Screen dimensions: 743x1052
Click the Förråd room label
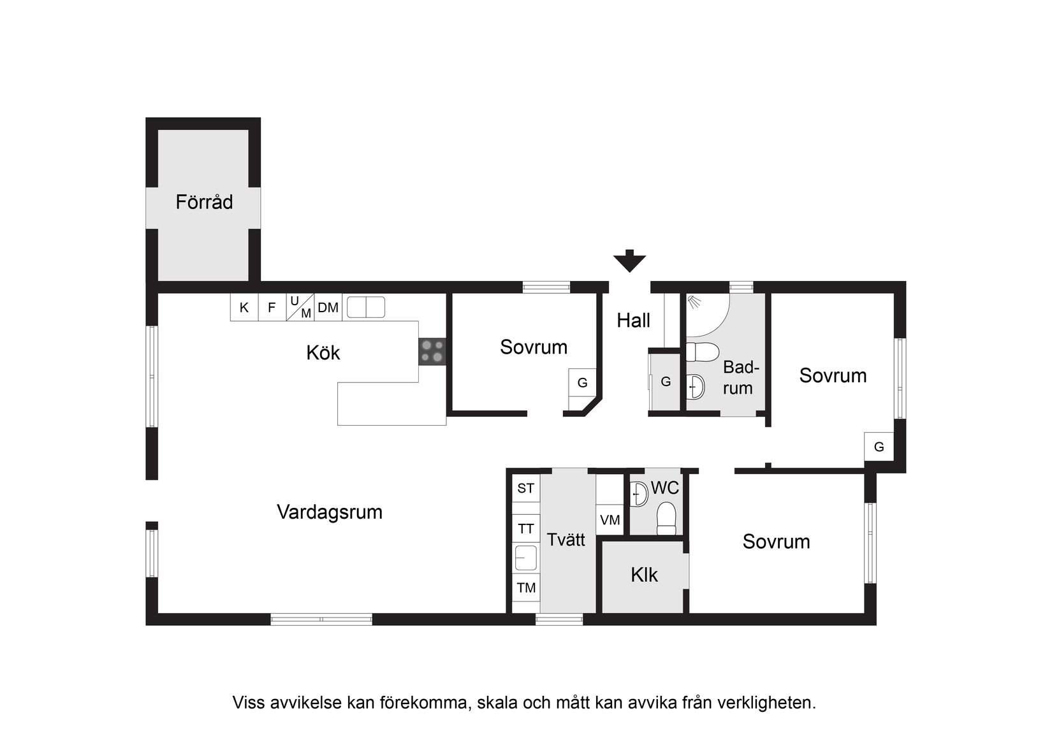click(204, 202)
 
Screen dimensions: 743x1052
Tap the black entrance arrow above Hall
click(629, 261)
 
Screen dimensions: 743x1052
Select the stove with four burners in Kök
click(432, 352)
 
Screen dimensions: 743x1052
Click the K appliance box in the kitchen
click(244, 308)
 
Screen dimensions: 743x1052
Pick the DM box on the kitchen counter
click(328, 308)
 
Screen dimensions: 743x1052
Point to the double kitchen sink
click(366, 307)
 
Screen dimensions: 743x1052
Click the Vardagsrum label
click(330, 512)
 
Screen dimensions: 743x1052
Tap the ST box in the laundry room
click(526, 489)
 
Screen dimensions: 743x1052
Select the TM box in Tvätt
click(526, 588)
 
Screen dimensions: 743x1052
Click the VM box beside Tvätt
click(610, 520)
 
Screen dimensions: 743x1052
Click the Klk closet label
click(644, 575)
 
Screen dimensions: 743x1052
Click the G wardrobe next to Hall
click(666, 382)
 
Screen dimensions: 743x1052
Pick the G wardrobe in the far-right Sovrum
click(879, 447)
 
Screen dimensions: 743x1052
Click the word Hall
click(633, 321)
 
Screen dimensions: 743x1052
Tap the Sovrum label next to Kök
click(534, 347)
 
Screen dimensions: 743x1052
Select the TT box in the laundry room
click(526, 529)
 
